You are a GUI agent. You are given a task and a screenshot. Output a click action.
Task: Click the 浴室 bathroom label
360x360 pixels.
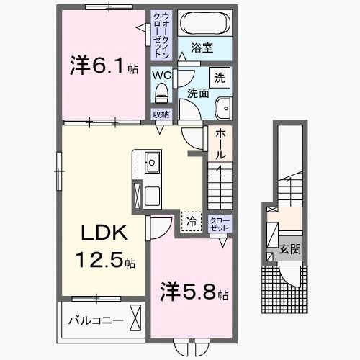tap(202, 48)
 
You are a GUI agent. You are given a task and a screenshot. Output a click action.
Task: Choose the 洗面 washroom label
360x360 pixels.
tap(198, 93)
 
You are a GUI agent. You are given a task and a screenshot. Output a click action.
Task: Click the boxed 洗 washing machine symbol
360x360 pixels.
tap(218, 76)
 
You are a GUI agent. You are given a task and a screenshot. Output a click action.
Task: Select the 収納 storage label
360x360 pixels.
tap(161, 114)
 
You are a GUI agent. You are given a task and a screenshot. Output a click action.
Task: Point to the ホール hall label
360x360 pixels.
tap(220, 143)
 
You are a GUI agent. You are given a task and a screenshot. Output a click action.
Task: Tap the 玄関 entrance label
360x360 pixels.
tap(290, 251)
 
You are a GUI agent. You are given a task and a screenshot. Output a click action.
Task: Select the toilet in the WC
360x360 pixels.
tap(161, 91)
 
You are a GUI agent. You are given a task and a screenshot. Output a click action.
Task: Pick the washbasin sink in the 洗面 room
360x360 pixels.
tap(222, 107)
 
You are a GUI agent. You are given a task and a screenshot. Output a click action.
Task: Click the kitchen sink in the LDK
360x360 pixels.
tap(153, 162)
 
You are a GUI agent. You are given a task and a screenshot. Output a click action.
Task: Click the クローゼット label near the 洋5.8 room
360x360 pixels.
tap(219, 223)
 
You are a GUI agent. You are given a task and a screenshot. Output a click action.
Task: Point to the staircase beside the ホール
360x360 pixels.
tap(220, 186)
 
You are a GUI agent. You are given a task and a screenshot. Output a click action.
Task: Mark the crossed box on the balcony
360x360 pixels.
tap(136, 317)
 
